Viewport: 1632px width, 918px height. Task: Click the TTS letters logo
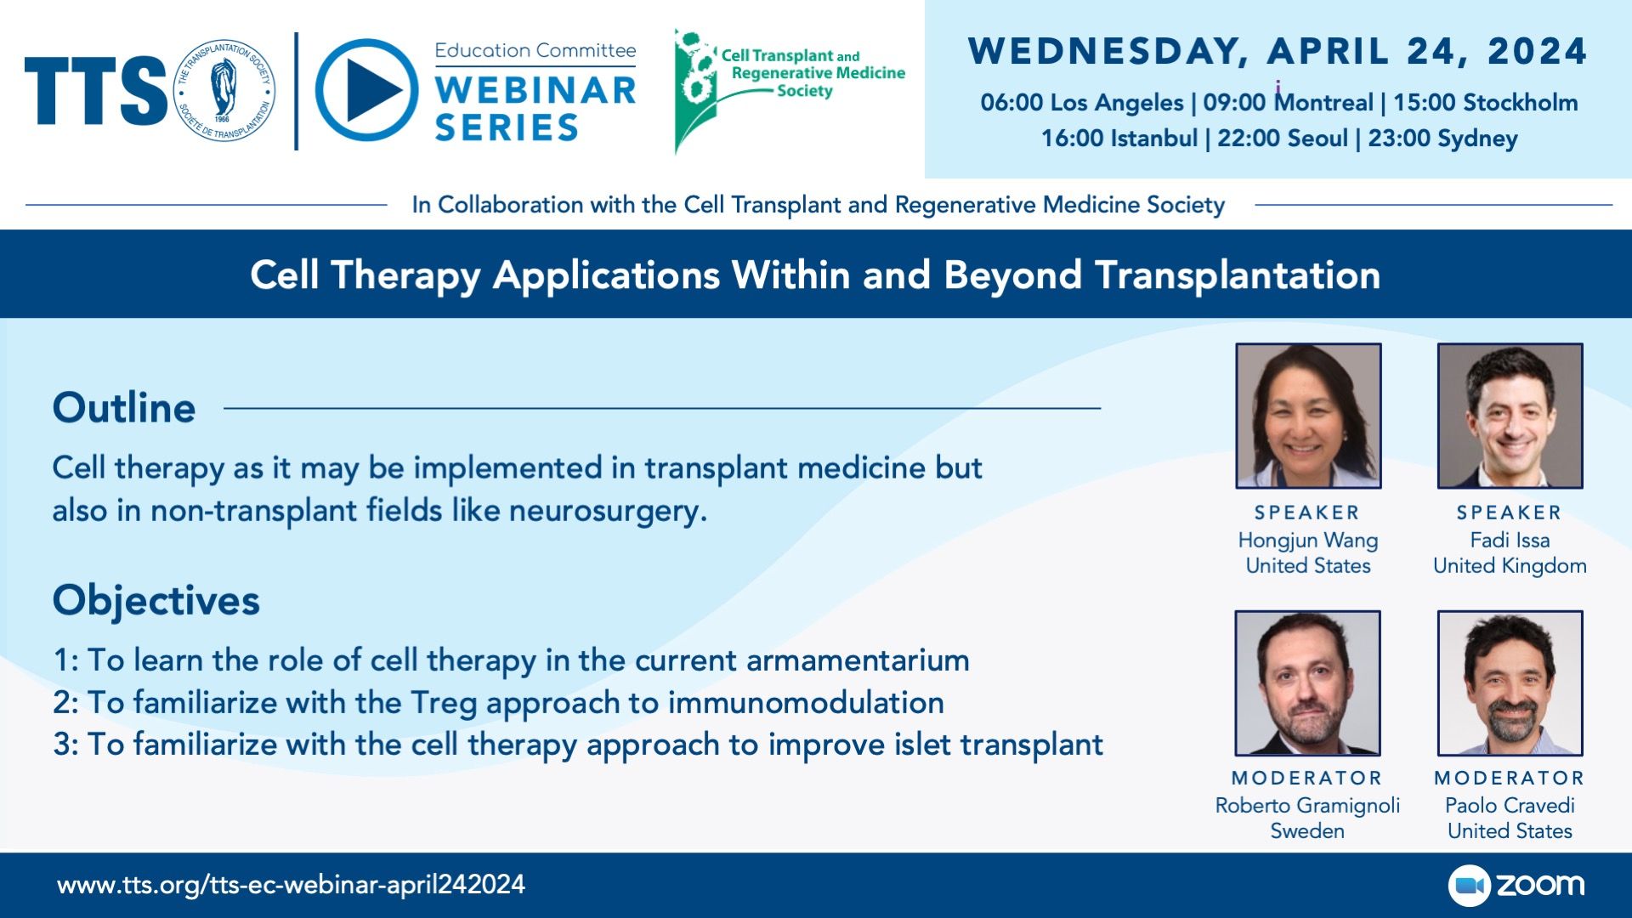click(96, 91)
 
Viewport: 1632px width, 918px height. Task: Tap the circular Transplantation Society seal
click(225, 90)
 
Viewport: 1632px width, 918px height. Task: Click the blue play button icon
click(367, 90)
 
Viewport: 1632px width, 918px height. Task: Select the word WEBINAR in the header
click(535, 90)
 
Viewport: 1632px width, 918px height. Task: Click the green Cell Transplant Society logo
click(789, 91)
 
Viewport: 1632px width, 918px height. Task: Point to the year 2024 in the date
click(1538, 52)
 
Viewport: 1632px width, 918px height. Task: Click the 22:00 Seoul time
click(1283, 139)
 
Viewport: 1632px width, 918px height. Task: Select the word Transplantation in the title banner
click(1238, 275)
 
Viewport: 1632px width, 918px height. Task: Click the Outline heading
click(124, 408)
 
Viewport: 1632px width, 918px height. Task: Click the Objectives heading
click(156, 600)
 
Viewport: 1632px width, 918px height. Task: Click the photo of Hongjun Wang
click(1308, 416)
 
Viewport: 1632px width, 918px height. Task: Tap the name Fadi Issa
click(1510, 541)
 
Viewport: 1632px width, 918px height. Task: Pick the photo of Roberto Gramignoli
click(1308, 683)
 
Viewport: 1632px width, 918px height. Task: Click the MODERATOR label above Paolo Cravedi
click(1510, 778)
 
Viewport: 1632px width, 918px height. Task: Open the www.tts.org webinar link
click(291, 885)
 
